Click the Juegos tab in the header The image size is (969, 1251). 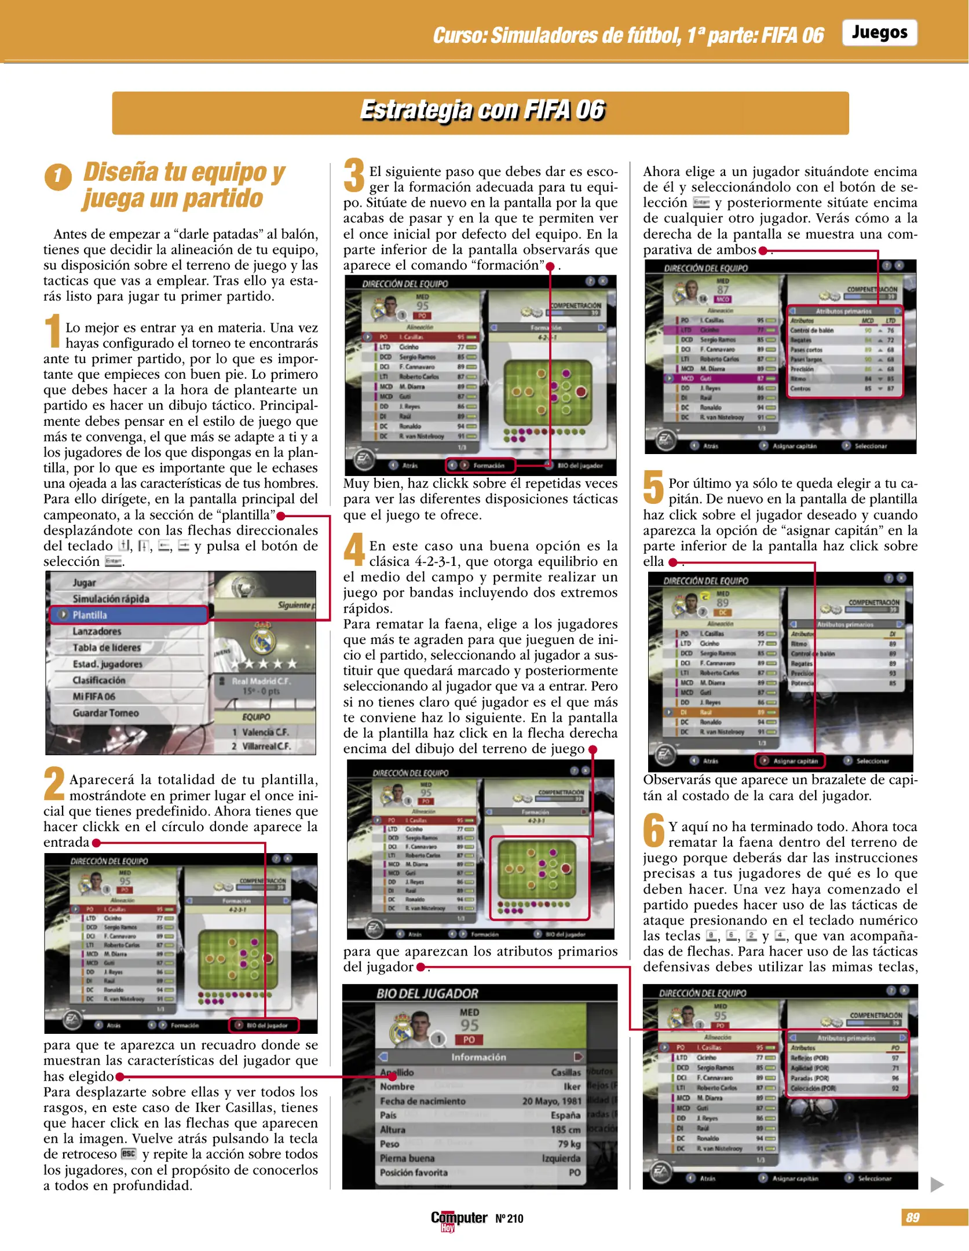[x=879, y=32]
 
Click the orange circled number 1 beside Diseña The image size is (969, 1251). [x=58, y=177]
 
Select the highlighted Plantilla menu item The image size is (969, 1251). [x=128, y=615]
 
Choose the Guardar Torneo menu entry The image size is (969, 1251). [x=105, y=713]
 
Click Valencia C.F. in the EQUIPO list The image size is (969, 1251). [x=265, y=732]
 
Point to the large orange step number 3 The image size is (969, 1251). [x=354, y=176]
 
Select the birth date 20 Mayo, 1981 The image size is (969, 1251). [x=551, y=1101]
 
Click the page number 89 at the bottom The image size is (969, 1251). [x=912, y=1217]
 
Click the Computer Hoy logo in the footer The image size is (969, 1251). [x=458, y=1220]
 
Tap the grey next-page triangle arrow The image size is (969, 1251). [x=937, y=1184]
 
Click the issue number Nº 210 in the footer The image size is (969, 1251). [x=509, y=1219]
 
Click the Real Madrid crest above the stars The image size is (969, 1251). [x=262, y=639]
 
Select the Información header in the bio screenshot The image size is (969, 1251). [x=478, y=1057]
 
